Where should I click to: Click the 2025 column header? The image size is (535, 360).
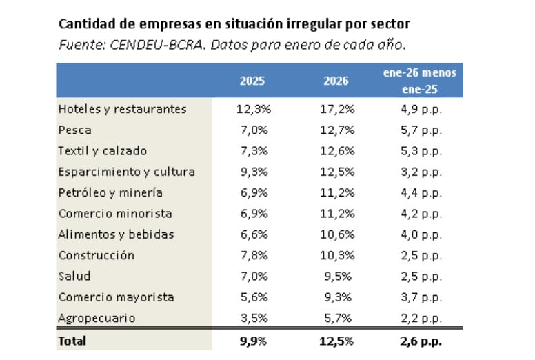click(x=252, y=81)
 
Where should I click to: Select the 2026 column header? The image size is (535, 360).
click(x=336, y=81)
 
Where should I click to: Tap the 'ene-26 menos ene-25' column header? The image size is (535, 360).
click(x=420, y=81)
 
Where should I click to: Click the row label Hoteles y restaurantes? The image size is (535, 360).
click(x=122, y=109)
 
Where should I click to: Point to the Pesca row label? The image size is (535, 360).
click(x=75, y=130)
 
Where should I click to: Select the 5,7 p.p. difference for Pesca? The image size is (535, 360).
click(x=420, y=130)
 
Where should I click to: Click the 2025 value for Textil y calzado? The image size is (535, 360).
click(x=252, y=151)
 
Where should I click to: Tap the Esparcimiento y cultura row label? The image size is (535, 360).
click(x=126, y=172)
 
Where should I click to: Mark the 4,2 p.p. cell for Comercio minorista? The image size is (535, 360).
click(x=420, y=214)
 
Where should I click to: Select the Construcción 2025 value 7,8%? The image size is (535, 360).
click(x=252, y=255)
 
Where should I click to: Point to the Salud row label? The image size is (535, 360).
click(x=74, y=277)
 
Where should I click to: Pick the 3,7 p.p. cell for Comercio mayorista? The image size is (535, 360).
click(x=420, y=297)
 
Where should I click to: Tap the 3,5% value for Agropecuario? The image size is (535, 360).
click(x=252, y=318)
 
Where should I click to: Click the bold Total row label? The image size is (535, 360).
click(x=73, y=341)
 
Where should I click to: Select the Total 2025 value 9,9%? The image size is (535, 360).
click(x=252, y=341)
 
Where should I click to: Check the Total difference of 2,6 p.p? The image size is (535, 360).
click(x=420, y=341)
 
